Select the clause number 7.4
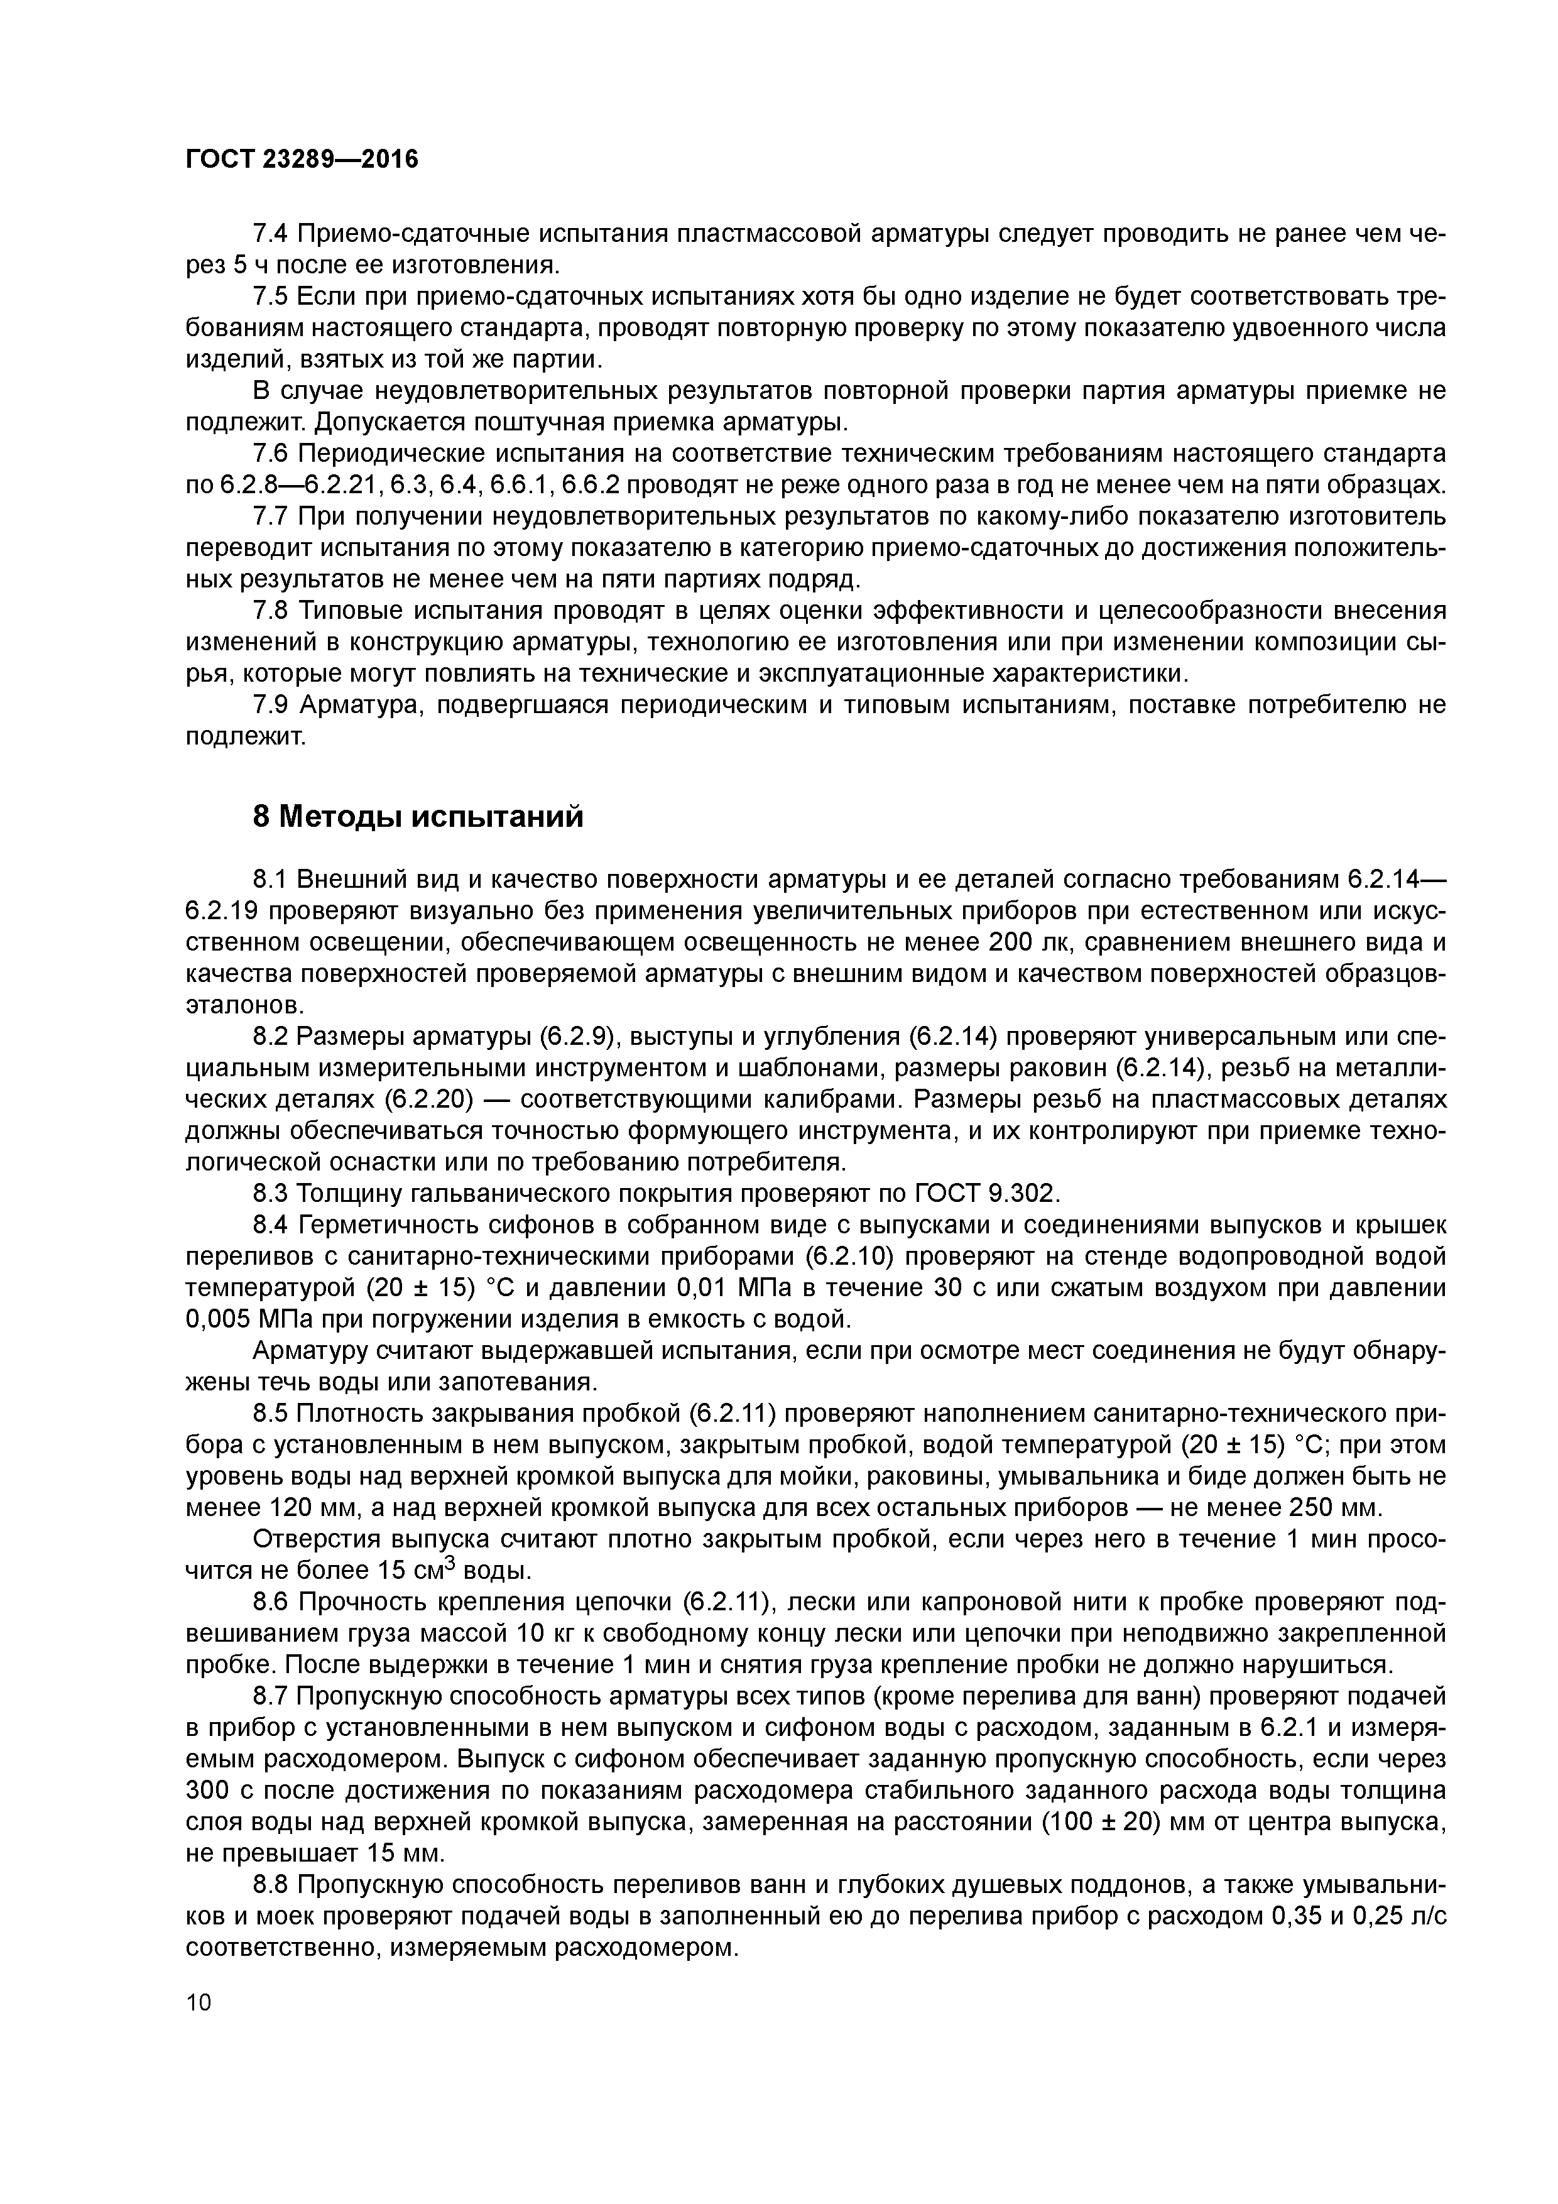[x=271, y=234]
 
